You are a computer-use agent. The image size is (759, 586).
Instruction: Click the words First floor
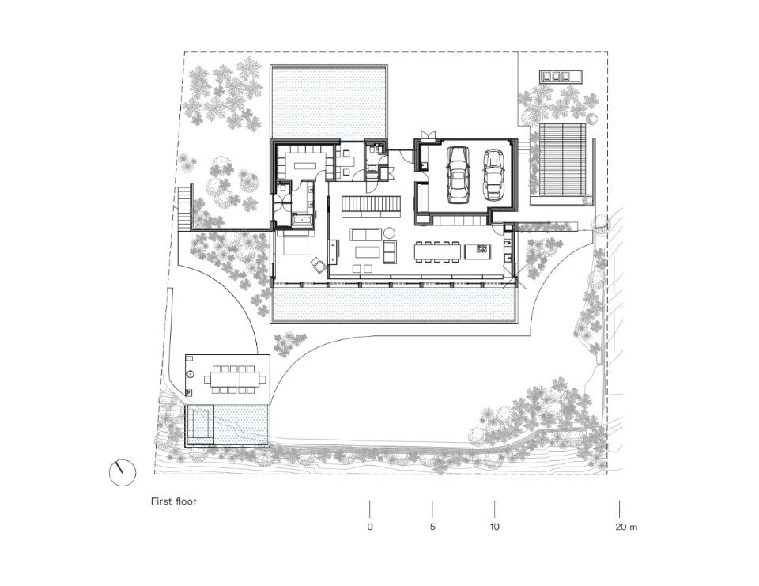174,501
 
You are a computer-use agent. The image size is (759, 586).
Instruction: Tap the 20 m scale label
626,527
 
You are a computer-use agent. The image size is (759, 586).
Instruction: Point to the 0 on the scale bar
370,527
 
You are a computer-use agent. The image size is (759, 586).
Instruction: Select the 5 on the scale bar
432,527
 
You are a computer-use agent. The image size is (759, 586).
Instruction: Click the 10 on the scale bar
494,527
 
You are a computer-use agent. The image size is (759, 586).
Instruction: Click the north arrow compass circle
123,473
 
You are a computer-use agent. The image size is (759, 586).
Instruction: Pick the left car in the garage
458,174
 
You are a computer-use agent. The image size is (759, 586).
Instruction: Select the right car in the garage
493,174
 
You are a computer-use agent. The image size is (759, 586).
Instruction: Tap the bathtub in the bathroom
303,221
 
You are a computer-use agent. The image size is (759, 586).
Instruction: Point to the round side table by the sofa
390,232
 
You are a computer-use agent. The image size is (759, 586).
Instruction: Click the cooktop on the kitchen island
481,250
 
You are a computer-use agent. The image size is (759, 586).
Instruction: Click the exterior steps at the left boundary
185,210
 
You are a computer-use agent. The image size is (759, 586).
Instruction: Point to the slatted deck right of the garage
563,159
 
